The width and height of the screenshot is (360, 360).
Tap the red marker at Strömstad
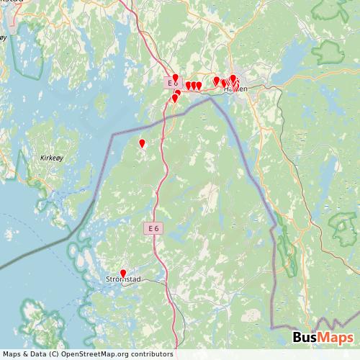pos(123,273)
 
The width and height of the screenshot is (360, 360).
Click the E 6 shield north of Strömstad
pos(150,228)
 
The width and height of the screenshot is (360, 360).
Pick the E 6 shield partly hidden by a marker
pos(172,84)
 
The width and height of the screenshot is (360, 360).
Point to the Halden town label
pos(236,89)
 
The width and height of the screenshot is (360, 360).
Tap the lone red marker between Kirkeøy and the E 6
pos(142,143)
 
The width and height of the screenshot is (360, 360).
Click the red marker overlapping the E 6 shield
pos(175,78)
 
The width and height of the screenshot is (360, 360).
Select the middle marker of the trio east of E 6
pos(193,85)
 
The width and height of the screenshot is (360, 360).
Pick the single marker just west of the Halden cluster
pos(216,80)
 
